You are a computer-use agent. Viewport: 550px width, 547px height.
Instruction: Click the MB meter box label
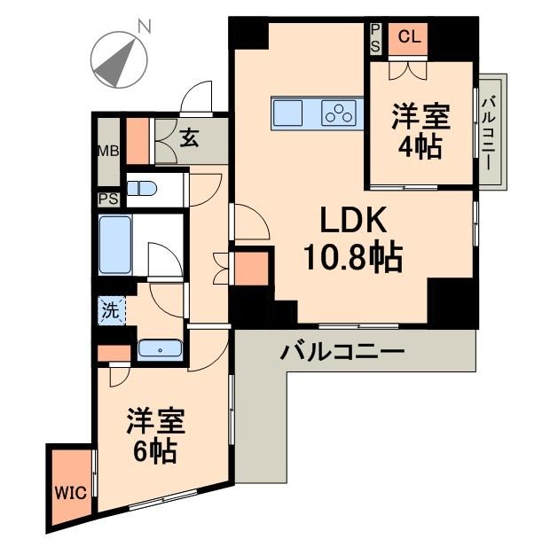point(108,150)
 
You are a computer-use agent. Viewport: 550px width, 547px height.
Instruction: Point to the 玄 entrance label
point(190,137)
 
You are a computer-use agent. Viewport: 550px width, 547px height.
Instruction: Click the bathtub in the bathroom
point(115,245)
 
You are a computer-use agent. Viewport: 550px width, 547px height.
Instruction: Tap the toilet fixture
point(141,188)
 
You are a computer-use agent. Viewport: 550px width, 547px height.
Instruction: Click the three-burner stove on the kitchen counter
point(339,113)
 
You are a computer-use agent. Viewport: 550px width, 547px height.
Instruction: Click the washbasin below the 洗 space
point(160,349)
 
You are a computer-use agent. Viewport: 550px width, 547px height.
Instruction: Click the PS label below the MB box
point(109,199)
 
